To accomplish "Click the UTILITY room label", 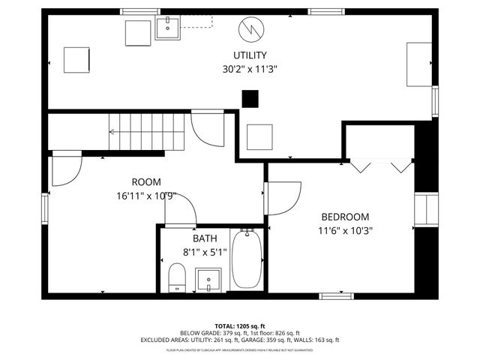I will [250, 55].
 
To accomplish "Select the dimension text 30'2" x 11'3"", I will [250, 69].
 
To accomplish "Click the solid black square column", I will [250, 98].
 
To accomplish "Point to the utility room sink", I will [168, 28].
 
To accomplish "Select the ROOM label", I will [146, 182].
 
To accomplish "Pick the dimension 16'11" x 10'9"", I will [146, 196].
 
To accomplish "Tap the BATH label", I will [205, 238].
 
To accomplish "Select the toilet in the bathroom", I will [177, 277].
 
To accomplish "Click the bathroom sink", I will [208, 280].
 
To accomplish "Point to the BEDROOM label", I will [345, 217].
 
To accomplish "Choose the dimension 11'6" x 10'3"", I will [345, 231].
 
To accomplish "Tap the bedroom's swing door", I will [283, 198].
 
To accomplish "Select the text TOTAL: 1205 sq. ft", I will [240, 325].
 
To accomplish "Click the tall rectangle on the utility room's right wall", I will [418, 65].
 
